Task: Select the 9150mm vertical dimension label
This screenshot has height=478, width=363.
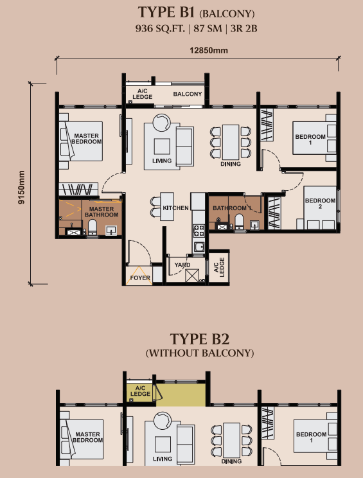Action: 21,186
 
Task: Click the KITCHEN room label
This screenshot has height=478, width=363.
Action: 175,209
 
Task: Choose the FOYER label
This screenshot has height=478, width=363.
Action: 140,278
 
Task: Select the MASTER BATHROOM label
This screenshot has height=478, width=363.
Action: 102,212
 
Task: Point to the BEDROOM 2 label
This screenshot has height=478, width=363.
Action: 319,205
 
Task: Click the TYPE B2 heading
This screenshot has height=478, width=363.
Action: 199,339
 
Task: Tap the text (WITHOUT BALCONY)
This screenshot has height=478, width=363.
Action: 199,353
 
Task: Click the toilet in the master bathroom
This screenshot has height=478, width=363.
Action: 91,227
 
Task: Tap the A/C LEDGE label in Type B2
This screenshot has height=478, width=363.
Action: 140,391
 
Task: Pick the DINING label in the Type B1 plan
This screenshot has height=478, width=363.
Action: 230,164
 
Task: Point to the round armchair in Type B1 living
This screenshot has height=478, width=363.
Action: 161,122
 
